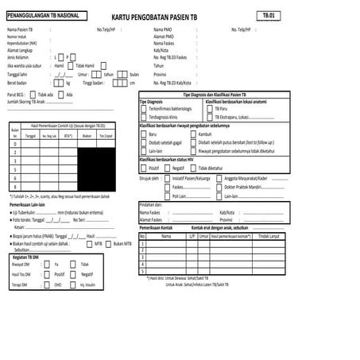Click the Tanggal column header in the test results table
point(30,137)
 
